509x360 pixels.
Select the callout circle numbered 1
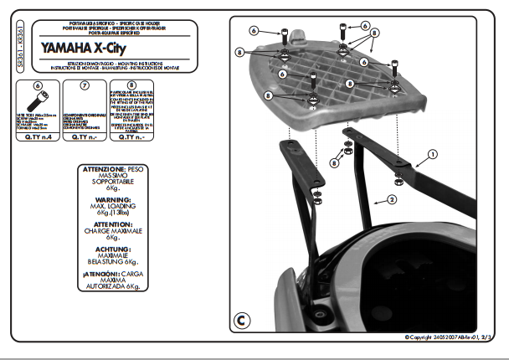pyautogui.click(x=433, y=154)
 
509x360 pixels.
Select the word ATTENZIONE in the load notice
pyautogui.click(x=103, y=169)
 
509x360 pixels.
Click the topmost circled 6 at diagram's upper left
pyautogui.click(x=253, y=31)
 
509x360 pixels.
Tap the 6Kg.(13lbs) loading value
pyautogui.click(x=112, y=212)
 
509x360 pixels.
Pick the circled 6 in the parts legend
pyautogui.click(x=37, y=85)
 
